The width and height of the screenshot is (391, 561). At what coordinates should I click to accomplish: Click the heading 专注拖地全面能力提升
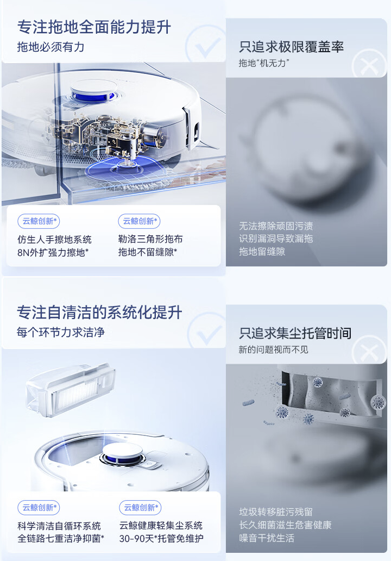point(94,27)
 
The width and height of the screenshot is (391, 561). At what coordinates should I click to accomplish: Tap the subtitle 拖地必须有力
point(51,47)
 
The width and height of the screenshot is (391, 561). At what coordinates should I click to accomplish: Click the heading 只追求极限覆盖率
point(291,47)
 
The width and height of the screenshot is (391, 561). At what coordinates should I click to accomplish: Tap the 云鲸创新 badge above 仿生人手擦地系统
point(39,221)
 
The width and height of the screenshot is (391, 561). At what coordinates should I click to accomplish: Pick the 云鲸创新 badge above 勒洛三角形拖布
point(139,221)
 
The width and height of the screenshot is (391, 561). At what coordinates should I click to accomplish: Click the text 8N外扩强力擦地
point(53,253)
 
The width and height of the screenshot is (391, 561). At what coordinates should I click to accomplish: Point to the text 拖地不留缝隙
point(148,252)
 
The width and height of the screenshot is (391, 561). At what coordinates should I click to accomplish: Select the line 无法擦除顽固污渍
point(276,226)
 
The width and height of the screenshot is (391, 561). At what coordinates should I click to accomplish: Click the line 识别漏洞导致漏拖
point(276,239)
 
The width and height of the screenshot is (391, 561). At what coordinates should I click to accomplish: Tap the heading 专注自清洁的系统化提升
point(99,313)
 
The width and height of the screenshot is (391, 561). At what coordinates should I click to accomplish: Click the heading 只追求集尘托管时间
point(295,333)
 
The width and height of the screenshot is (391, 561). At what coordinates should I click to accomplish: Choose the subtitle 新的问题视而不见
point(273,350)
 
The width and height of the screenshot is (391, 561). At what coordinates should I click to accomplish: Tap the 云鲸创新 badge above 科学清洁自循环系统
point(39,507)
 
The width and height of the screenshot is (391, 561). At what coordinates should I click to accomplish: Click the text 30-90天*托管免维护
point(161,539)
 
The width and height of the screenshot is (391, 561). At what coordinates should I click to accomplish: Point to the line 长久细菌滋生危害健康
point(285,525)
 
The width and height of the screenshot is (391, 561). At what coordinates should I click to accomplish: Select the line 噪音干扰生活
point(267,538)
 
